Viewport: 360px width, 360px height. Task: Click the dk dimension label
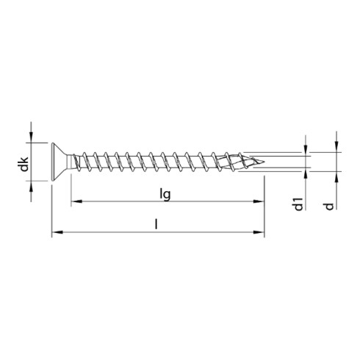pyautogui.click(x=24, y=166)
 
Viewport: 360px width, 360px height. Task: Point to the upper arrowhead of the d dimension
pyautogui.click(x=336, y=145)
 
